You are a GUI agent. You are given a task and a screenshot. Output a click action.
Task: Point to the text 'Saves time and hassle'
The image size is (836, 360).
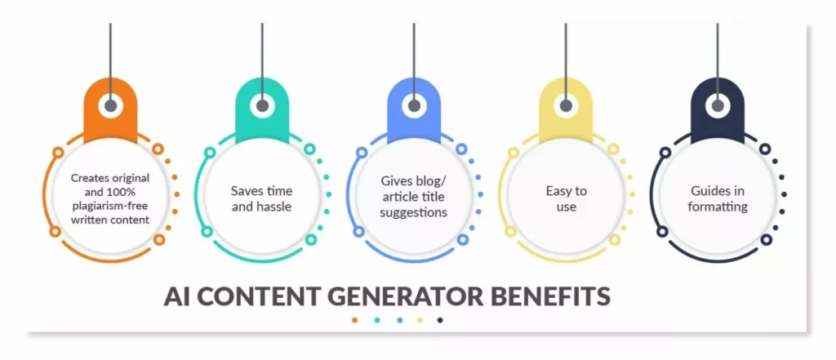coord(261,198)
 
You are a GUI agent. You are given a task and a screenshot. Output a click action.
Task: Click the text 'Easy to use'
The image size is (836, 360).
coord(565,198)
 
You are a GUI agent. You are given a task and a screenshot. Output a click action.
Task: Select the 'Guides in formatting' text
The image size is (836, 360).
coord(718,198)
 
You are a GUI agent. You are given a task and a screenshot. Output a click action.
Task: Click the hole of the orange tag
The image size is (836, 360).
coord(110,105)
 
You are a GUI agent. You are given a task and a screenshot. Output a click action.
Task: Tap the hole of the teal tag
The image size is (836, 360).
coord(262,105)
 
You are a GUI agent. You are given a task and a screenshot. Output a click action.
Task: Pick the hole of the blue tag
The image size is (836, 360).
coord(414,105)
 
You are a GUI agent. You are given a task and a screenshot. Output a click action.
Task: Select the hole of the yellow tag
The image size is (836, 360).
coord(566,105)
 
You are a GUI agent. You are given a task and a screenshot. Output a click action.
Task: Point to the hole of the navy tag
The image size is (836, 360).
coord(718,105)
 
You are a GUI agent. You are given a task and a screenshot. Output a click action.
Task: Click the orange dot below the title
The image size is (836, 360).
coord(354,320)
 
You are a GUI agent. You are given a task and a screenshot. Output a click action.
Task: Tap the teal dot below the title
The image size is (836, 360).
coord(376,320)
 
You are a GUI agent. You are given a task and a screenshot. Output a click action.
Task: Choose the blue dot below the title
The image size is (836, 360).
coord(398,320)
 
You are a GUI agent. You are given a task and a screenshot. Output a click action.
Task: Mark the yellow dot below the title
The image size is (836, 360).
coord(420,320)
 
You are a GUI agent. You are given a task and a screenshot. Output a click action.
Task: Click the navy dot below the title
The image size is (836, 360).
coord(441,320)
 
